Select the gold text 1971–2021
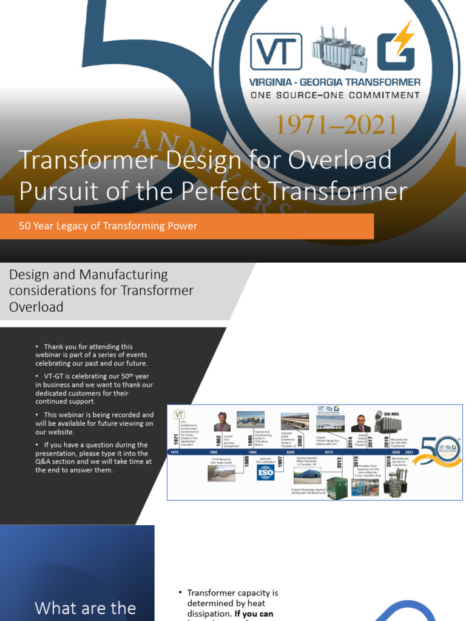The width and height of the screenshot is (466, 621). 337,125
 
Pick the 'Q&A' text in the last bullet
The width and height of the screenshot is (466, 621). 46,462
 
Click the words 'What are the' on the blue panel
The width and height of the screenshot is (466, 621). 86,608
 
